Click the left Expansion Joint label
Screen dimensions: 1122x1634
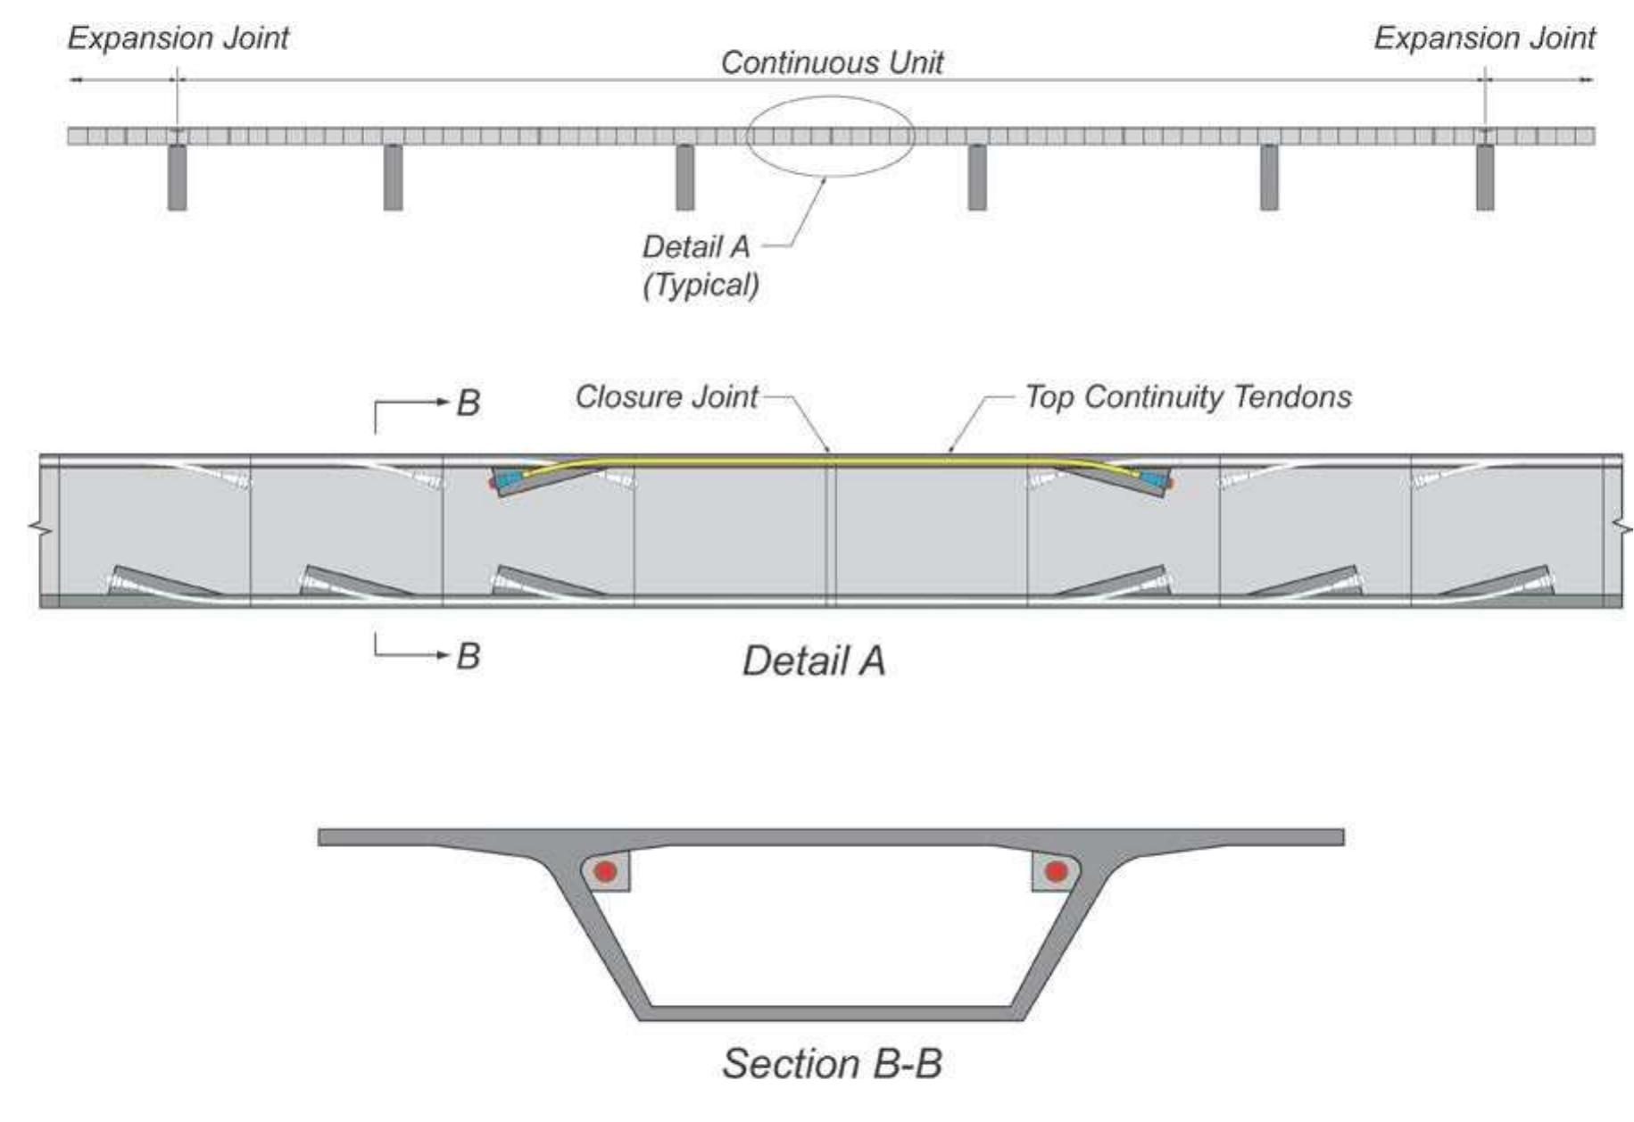(178, 38)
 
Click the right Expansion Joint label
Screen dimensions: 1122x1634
(1484, 38)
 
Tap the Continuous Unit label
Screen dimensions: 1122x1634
(832, 62)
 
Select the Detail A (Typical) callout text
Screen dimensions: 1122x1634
(701, 266)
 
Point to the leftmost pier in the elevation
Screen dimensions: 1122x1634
(177, 177)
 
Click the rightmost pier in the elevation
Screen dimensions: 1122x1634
(1484, 177)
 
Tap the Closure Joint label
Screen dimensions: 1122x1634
(666, 397)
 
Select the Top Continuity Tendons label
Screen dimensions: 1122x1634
(1188, 397)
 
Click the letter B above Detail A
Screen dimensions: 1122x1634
(468, 403)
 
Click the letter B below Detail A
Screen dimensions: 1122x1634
(468, 657)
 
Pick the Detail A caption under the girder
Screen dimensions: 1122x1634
(814, 661)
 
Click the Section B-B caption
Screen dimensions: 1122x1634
(832, 1064)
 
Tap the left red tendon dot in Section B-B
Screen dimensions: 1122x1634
(606, 870)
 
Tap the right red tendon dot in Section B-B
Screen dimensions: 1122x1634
(1056, 870)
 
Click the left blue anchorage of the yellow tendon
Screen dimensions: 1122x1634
(511, 480)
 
